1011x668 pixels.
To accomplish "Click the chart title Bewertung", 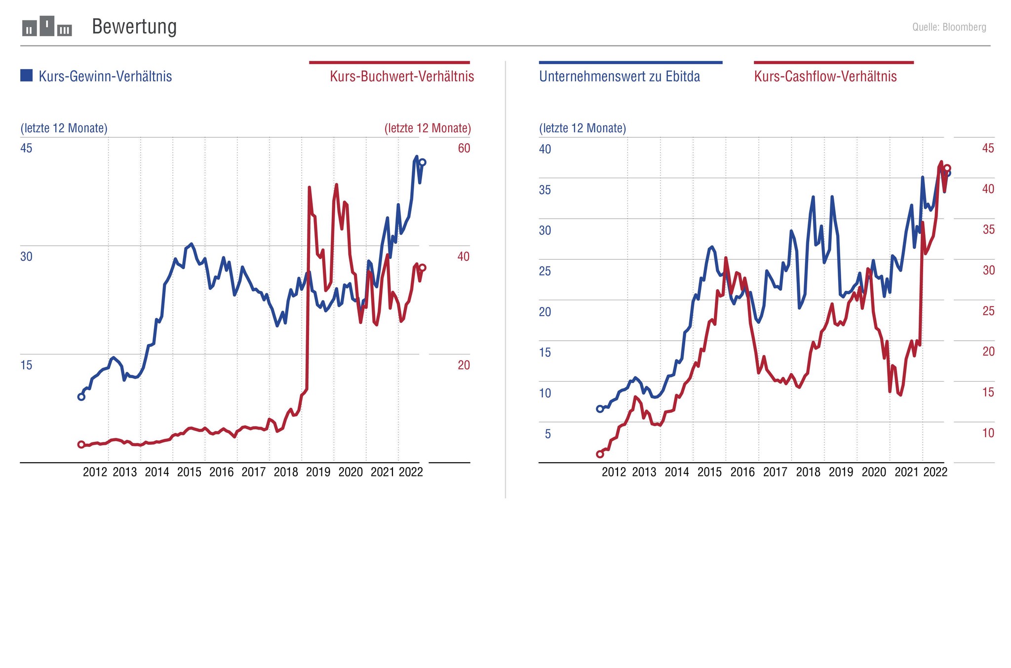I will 134,27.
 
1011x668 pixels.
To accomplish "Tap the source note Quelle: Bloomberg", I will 949,27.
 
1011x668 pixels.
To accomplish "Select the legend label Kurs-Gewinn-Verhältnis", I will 105,77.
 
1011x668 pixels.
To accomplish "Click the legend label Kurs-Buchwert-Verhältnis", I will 402,77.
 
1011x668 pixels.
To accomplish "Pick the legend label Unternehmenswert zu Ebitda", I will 620,77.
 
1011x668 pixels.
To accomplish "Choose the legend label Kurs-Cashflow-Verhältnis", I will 825,77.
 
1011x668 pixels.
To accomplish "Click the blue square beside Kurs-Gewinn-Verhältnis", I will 27,76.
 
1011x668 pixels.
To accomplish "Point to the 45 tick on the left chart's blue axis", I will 26,148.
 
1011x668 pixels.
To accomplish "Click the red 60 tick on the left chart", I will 464,148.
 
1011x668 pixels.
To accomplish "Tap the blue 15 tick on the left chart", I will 26,365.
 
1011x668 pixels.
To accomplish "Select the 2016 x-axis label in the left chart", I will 221,472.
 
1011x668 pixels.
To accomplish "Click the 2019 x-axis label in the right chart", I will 841,472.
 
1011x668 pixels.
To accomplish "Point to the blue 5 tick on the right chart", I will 547,434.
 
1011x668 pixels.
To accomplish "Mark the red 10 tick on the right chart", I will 988,433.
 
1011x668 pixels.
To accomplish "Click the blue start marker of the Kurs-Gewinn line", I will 81,397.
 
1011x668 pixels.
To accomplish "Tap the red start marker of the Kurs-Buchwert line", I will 81,445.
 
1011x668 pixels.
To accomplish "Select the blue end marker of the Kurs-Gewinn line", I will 423,162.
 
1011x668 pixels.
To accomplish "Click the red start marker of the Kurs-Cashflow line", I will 600,454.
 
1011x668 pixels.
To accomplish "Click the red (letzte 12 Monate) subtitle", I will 428,128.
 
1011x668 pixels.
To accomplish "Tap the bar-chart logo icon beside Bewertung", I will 47,27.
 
